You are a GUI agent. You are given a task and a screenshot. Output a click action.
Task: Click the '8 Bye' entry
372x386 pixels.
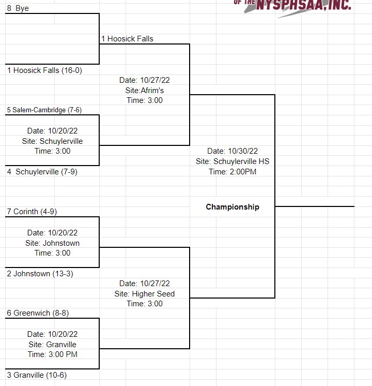point(18,9)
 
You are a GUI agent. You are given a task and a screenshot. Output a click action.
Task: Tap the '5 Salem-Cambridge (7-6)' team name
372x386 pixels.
point(44,110)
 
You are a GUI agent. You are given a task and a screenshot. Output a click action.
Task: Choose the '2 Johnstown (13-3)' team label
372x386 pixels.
point(40,273)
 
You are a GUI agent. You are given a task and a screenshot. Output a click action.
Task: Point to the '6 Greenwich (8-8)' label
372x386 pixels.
point(38,313)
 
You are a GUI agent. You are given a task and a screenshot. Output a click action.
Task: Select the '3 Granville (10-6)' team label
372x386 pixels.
point(37,375)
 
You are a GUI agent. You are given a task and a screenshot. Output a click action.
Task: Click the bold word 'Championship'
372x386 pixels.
point(233,207)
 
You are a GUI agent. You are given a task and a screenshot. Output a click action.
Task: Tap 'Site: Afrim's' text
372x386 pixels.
point(145,91)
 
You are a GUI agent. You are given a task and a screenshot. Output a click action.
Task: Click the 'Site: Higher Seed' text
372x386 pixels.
point(145,294)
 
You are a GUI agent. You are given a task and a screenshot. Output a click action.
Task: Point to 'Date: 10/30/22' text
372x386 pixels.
point(233,151)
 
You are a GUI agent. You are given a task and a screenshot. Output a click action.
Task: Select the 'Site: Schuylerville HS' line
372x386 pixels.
point(233,161)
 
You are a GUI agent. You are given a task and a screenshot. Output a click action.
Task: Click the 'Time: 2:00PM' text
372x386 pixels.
point(233,172)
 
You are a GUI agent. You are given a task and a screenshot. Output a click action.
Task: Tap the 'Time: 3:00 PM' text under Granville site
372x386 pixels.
point(53,354)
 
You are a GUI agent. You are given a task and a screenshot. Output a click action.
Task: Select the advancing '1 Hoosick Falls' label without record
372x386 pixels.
point(127,39)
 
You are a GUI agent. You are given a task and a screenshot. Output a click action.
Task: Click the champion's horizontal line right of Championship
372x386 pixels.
point(315,206)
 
